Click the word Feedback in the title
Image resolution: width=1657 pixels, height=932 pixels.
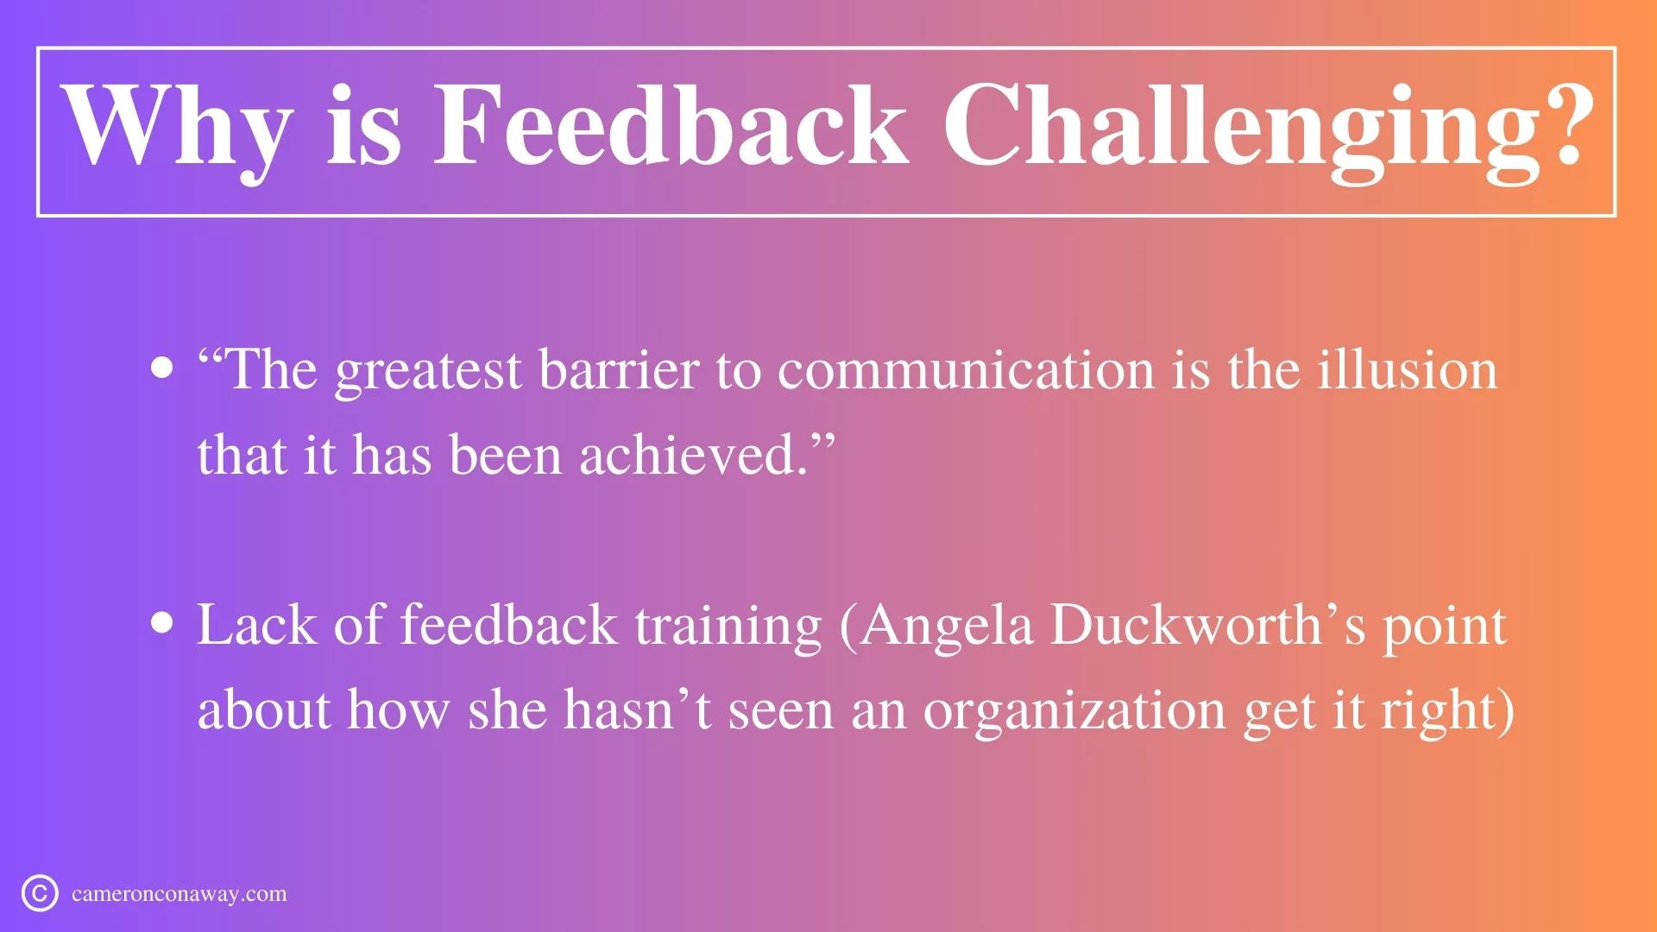click(x=671, y=126)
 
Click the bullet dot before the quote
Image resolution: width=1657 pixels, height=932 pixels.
click(x=161, y=368)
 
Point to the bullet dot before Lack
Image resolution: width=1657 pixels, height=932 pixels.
click(x=161, y=623)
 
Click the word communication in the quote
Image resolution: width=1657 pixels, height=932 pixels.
click(x=967, y=370)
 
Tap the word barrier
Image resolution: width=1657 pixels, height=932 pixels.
click(x=619, y=370)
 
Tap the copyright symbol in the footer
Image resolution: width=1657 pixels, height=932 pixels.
click(x=40, y=893)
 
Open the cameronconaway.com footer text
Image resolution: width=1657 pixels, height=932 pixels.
click(x=180, y=895)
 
